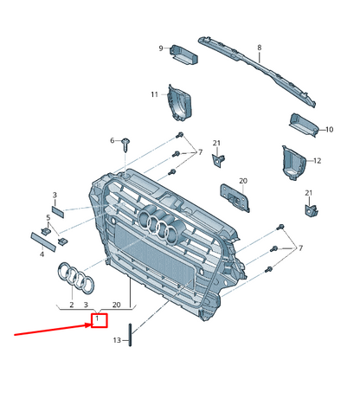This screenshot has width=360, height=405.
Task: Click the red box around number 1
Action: (x=100, y=320)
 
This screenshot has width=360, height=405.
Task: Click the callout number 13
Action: (x=117, y=340)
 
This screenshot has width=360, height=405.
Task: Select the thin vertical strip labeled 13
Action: (x=130, y=335)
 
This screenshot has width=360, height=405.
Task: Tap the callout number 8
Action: (x=260, y=48)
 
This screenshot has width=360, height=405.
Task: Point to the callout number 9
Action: (x=161, y=48)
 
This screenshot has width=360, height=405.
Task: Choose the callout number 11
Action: (x=155, y=94)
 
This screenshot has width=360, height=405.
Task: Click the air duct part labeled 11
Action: (x=180, y=103)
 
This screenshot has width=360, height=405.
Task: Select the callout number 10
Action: (x=330, y=130)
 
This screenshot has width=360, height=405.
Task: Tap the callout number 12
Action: (x=317, y=161)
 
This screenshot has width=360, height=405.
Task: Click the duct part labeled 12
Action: (x=293, y=163)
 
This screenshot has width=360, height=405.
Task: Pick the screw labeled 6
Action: (x=125, y=145)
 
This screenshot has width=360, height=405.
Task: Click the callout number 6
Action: (x=112, y=140)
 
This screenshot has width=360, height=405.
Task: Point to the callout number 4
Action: (x=42, y=254)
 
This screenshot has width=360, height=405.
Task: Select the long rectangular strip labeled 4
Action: (x=43, y=241)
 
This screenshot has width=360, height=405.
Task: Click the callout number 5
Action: (x=48, y=217)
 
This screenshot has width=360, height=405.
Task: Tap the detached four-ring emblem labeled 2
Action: (x=76, y=278)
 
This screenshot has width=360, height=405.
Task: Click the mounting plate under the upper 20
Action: (x=235, y=198)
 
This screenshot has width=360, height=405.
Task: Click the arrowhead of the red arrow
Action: (x=88, y=325)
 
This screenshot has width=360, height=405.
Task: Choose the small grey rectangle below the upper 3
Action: (x=58, y=212)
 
